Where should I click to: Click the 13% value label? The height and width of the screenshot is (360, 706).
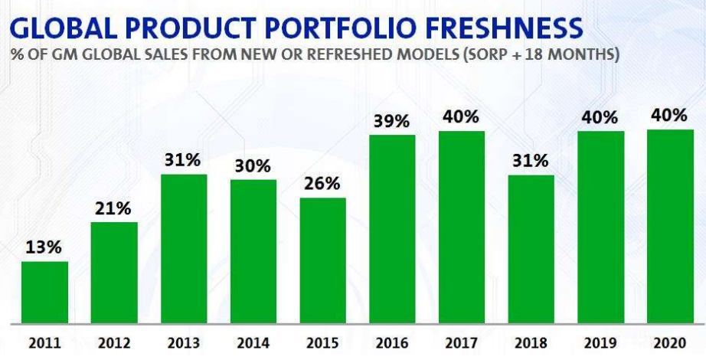[x=44, y=248]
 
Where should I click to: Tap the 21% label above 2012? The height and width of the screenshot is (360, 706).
[x=114, y=209]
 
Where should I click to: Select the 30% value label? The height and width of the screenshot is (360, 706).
[x=253, y=166]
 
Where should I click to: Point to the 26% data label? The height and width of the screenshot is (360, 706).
[x=322, y=185]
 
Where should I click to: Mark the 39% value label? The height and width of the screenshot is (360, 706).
[x=392, y=121]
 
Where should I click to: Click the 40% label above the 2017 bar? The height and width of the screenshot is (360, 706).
[x=461, y=117]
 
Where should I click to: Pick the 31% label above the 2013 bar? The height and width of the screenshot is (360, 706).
[x=183, y=161]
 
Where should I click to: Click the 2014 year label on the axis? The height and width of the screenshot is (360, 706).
[x=253, y=342]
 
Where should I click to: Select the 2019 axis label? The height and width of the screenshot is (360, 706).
[x=600, y=342]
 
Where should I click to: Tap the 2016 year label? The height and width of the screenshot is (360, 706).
[x=392, y=342]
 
